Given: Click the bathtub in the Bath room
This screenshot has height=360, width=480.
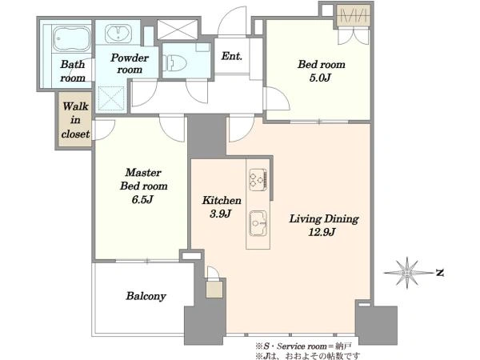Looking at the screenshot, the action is (x=72, y=38).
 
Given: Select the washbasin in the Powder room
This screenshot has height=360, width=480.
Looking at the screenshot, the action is (x=118, y=33).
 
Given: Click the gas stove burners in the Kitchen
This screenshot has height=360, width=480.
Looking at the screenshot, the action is (x=258, y=178).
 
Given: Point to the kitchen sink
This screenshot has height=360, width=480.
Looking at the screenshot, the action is (x=258, y=223).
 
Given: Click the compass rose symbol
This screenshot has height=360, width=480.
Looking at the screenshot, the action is (x=406, y=273).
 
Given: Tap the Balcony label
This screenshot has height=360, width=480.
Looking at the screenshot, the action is (x=146, y=296).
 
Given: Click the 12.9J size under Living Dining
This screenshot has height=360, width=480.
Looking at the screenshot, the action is (x=322, y=232).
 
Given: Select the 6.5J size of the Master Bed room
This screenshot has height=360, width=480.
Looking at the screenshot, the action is (x=142, y=199).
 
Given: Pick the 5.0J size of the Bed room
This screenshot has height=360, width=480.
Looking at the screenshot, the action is (x=320, y=78).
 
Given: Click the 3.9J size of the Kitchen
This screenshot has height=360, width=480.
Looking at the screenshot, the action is (x=221, y=214).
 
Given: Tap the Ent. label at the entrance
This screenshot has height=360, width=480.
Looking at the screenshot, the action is (x=232, y=56).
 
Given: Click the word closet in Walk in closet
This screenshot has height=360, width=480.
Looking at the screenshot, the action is (x=75, y=134).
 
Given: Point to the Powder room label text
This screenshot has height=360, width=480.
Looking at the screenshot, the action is (x=130, y=63).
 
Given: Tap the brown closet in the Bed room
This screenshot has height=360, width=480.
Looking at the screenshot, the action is (x=354, y=15).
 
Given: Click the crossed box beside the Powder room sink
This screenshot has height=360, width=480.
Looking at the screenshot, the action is (x=178, y=30).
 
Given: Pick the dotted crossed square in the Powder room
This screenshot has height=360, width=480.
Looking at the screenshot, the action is (x=111, y=98).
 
